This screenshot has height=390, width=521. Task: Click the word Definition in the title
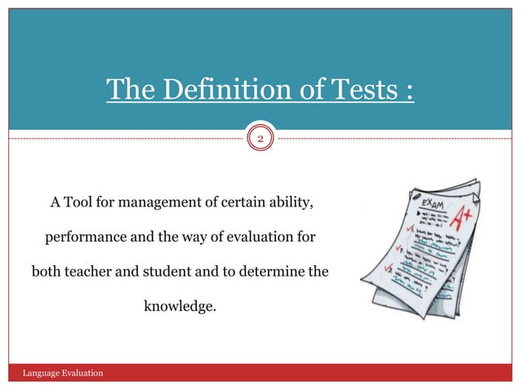212,91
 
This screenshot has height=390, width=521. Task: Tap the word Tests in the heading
355,91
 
